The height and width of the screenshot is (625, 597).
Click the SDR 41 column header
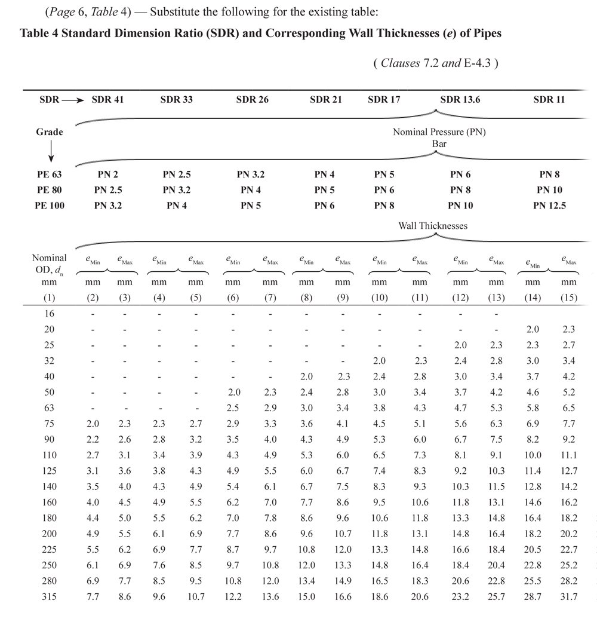107,100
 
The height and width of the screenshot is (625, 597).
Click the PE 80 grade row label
49,190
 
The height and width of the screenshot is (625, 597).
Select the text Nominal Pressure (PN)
439,132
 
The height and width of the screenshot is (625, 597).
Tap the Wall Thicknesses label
433,226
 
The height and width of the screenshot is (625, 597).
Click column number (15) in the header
569,297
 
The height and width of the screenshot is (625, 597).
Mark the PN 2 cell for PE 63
107,175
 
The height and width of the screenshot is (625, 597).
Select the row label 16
50,312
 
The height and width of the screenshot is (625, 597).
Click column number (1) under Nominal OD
50,297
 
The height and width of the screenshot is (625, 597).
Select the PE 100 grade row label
50,206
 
